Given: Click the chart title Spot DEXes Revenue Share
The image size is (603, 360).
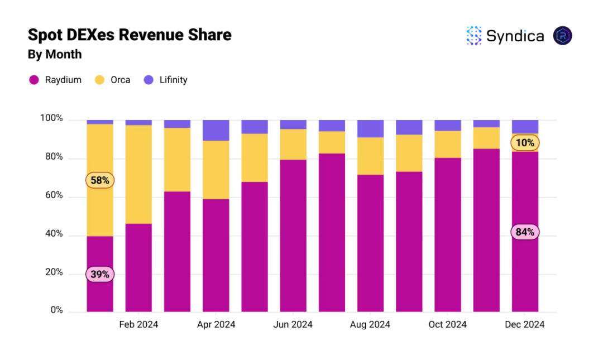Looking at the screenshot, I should coord(130,35).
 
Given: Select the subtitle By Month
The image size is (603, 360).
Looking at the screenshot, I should coord(55,55).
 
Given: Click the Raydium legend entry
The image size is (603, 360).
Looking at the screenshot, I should coord(55,80).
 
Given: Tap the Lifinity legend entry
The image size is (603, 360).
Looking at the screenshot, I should coord(166,80).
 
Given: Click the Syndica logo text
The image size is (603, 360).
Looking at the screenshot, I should coord(515,36).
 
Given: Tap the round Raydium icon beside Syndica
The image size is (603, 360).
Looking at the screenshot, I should coord(562,36).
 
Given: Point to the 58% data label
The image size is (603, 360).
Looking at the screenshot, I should coord(100,180).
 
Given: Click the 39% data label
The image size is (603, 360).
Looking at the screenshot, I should coord(100,274).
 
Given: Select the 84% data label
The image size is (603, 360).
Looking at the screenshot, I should coord(525,232).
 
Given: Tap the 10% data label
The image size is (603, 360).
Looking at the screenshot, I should coord(525,143).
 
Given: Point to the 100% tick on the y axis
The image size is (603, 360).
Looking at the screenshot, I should coord(51,119).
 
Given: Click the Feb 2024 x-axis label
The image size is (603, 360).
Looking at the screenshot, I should coord(138,325).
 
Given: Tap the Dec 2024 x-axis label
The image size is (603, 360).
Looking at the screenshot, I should coord(525,325).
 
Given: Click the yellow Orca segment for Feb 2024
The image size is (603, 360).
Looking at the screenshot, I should coord(138,174).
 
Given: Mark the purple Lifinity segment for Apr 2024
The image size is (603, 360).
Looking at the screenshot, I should coord(216,130).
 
